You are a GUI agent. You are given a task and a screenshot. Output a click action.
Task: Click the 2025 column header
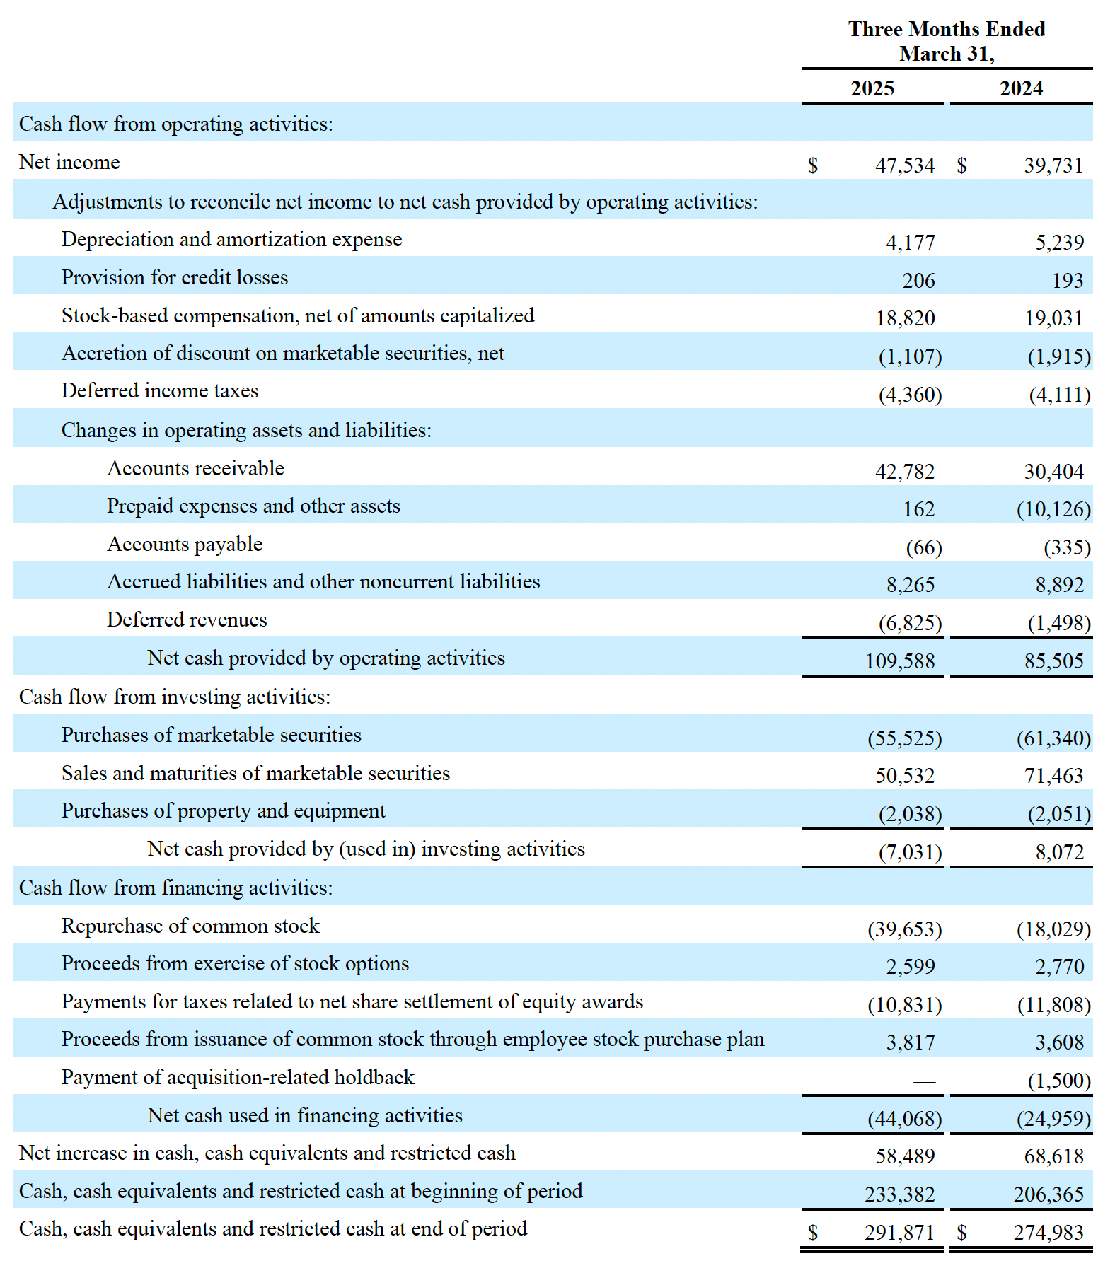872,88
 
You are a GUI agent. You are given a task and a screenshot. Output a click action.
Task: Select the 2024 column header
1020,88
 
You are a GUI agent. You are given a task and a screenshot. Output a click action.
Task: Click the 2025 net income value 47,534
904,165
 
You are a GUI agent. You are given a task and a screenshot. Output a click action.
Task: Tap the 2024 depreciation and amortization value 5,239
1059,243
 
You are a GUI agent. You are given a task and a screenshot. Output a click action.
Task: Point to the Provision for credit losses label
175,277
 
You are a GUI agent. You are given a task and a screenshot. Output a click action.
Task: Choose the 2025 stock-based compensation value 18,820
905,318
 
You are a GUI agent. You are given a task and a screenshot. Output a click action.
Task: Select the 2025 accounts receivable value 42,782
904,472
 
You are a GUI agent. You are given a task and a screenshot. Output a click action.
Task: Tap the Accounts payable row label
185,544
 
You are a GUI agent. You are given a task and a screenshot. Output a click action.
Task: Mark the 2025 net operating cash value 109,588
899,661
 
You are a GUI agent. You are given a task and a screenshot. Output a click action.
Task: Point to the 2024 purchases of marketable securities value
1053,738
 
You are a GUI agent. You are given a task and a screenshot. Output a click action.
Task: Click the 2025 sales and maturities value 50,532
905,776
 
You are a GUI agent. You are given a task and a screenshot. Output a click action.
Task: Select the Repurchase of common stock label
190,926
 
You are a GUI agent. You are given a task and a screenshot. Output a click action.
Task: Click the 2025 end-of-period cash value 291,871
899,1233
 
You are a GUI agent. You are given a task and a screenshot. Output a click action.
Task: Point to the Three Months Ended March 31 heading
947,41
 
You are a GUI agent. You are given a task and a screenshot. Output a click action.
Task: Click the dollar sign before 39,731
961,165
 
